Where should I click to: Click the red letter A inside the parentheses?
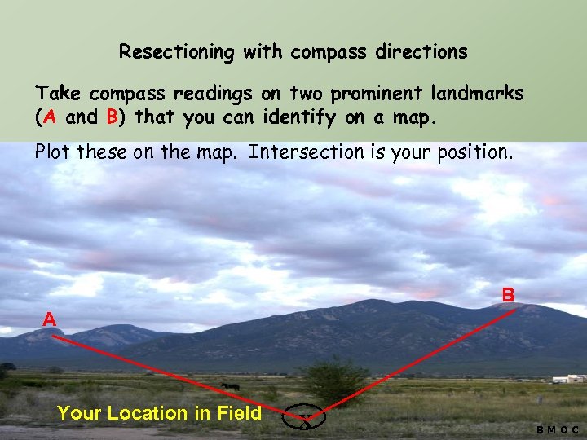51,117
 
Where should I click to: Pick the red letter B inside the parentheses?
113,117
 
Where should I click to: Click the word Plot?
53,152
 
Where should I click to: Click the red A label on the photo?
50,319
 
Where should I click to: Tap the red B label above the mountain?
508,294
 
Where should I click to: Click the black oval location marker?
303,417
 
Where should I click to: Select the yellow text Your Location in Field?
160,413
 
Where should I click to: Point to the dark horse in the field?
230,387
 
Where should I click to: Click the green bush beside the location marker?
334,380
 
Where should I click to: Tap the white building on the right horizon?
570,379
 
